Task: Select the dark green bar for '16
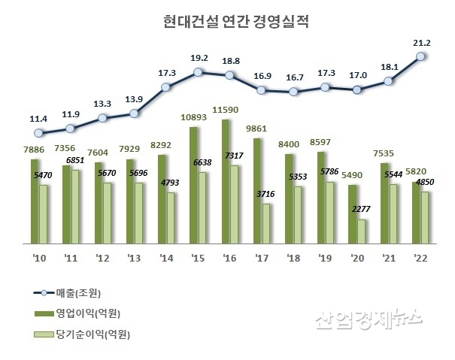(x=226, y=181)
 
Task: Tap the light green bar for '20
(x=362, y=231)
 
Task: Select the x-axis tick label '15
(x=198, y=256)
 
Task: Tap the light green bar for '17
(x=266, y=224)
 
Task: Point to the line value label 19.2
(x=199, y=58)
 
